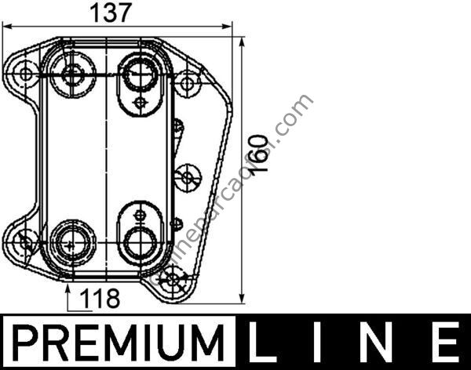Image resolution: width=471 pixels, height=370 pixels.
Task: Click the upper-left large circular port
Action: coord(73,75)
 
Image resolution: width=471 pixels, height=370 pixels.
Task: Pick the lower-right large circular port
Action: coord(140,241)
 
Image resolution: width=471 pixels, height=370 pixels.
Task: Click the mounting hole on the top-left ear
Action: coord(27,75)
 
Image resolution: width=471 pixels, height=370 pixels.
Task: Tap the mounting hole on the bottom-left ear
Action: coord(27,242)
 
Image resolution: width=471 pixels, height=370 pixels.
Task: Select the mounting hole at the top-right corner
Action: coord(188,81)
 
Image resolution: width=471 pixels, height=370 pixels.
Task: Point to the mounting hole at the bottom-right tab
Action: coord(173,278)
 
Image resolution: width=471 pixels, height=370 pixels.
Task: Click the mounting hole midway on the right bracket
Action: coord(187,177)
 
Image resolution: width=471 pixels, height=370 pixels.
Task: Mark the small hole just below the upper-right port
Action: coord(140,102)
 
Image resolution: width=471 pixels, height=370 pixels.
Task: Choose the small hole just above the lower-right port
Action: coord(140,213)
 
